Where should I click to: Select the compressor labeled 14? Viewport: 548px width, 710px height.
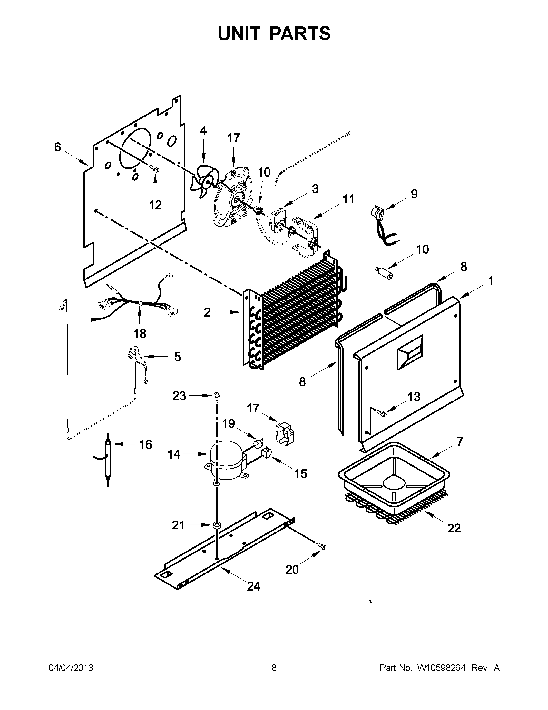(225, 462)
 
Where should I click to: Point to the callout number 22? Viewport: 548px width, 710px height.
(454, 528)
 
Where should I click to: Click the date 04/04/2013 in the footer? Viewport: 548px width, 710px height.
(71, 668)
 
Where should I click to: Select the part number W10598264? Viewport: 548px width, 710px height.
(441, 668)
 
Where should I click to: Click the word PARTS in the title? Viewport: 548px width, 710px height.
(300, 34)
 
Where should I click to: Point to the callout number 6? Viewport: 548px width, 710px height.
(57, 147)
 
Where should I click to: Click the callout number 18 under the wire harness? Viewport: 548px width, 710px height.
(140, 333)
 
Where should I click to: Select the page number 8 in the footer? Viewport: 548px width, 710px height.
(274, 668)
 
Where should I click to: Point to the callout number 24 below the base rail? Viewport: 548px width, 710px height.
(253, 586)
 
